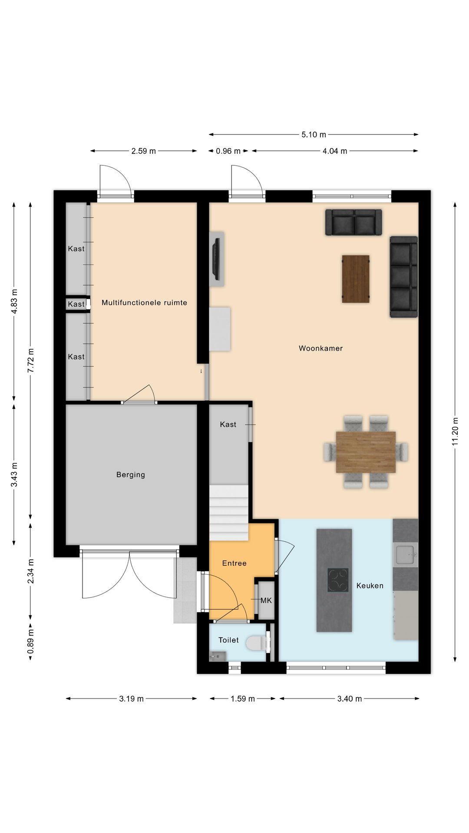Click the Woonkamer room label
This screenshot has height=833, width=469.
tap(320, 348)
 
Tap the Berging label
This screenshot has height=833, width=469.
tap(131, 475)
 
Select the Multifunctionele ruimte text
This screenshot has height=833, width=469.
tap(144, 303)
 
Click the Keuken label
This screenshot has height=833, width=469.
tap(370, 586)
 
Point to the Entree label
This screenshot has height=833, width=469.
tap(234, 563)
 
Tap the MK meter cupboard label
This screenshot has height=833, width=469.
tap(266, 601)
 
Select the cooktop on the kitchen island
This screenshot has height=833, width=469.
tap(338, 580)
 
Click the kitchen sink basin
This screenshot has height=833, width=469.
tap(406, 554)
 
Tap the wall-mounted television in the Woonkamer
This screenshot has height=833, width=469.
tap(215, 259)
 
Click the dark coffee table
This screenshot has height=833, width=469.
tap(356, 279)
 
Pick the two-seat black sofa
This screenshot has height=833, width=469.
tap(354, 222)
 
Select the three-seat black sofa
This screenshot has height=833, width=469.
tap(403, 277)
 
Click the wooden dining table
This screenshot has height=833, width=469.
tap(366, 452)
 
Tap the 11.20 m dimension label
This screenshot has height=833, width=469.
tap(455, 431)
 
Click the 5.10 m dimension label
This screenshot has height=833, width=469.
tap(314, 134)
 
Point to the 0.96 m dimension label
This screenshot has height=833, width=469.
tap(228, 151)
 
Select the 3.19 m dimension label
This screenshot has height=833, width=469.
tap(131, 699)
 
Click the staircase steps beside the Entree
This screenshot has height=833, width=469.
tap(229, 513)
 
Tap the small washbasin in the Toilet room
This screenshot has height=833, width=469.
tap(217, 656)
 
